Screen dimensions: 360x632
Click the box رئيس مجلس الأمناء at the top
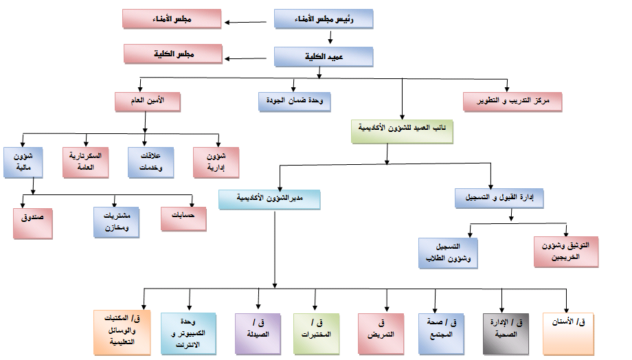coord(324,19)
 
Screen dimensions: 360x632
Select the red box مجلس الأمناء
coord(171,19)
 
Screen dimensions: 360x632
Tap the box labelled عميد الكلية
coord(324,57)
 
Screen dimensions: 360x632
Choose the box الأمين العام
coord(148,102)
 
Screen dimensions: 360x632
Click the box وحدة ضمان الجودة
coord(295,102)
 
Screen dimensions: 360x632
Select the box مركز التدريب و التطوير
coord(512,102)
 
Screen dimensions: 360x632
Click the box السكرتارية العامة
coord(86,161)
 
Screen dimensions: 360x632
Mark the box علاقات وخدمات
coord(150,161)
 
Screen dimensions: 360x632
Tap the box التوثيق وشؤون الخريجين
coord(566,251)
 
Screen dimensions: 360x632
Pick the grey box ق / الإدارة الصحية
coord(510,333)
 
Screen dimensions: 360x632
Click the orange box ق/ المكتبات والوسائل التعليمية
coord(122,333)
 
